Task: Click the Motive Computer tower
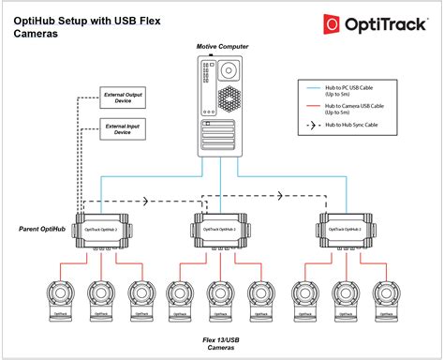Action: [220, 104]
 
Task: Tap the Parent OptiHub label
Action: [44, 229]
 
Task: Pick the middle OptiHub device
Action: [221, 229]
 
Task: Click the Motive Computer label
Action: [222, 46]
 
